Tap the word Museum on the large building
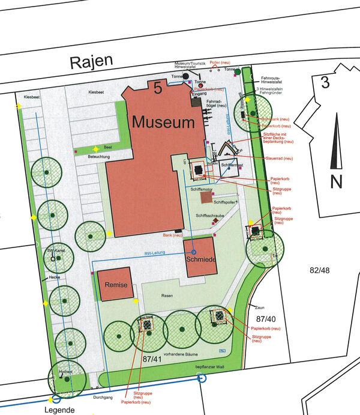tap(164, 123)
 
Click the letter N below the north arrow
tap(335, 181)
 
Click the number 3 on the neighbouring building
tap(325, 82)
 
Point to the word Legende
tap(59, 410)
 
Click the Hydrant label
tap(56, 372)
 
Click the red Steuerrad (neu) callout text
tap(279, 158)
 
